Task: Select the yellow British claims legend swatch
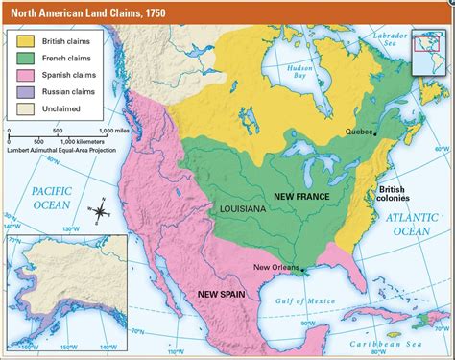pos(24,41)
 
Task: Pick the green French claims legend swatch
pos(24,60)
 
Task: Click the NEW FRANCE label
pos(301,196)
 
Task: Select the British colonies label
pos(394,194)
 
